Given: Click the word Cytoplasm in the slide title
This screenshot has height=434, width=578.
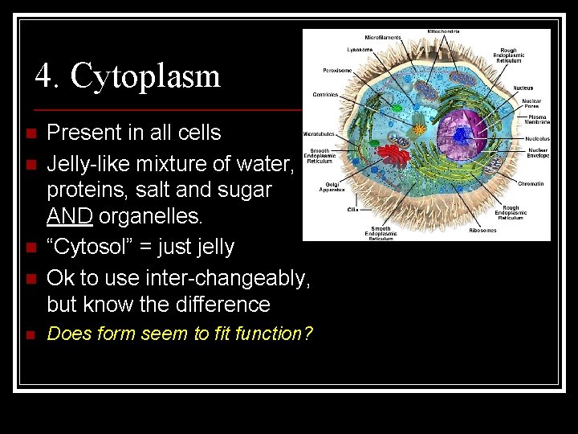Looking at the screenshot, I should (x=145, y=76).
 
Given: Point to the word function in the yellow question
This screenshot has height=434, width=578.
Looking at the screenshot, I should (x=269, y=334).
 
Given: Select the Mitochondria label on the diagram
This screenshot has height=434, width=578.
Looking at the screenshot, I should (x=444, y=32).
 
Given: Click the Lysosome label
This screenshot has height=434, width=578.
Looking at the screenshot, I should (x=359, y=50).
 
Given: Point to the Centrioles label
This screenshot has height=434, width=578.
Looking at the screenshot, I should (x=325, y=94).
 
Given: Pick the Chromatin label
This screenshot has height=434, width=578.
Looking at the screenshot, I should (x=530, y=184).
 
